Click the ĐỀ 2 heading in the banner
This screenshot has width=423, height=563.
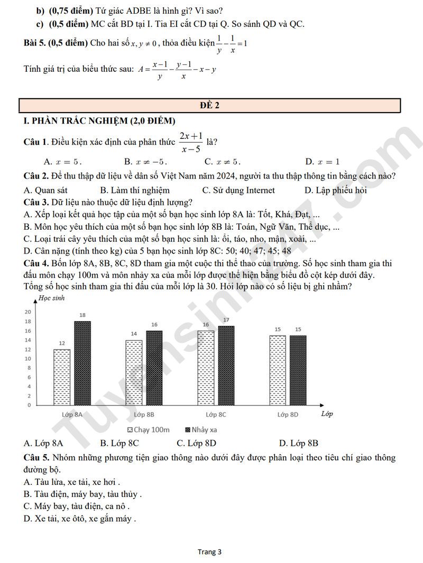tap(210, 105)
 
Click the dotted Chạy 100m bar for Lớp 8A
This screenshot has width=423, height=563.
tap(62, 377)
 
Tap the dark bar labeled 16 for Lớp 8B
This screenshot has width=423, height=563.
tap(154, 368)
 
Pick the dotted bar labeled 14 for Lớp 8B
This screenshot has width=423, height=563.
tap(134, 372)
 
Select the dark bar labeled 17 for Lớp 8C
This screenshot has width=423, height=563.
tap(226, 365)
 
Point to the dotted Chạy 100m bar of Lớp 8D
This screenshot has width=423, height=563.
tap(278, 370)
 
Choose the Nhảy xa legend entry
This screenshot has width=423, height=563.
tap(201, 429)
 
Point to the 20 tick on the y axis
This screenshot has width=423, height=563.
tap(28, 312)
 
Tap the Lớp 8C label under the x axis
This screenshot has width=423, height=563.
tap(216, 415)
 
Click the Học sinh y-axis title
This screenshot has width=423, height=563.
tap(50, 299)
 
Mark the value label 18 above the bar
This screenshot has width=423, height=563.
tap(82, 315)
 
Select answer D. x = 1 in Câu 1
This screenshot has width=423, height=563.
tap(323, 162)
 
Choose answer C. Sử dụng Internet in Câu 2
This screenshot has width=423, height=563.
tap(238, 190)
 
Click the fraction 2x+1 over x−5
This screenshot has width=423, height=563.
tap(191, 143)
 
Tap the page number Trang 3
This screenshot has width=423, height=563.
tap(210, 552)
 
